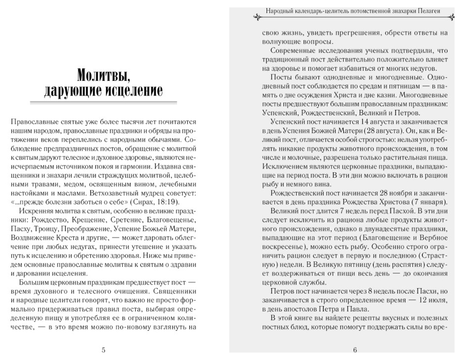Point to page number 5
point(103,351)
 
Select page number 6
point(355,351)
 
